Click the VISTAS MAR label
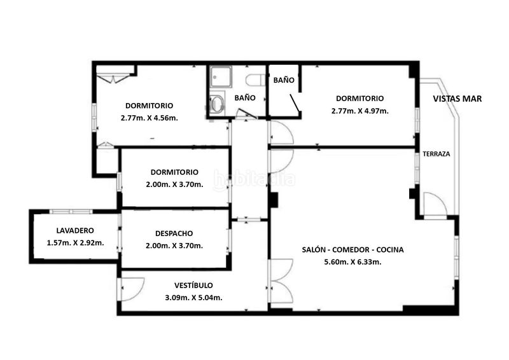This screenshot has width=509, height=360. [457, 99]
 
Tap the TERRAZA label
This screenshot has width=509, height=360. [436, 154]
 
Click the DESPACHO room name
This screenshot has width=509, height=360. [174, 233]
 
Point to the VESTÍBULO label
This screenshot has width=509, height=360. [193, 286]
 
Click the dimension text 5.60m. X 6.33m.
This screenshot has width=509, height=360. [353, 262]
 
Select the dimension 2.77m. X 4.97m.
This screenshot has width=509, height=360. [360, 111]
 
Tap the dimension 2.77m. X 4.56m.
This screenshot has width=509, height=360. [150, 118]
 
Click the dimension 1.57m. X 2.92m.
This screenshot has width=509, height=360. [75, 243]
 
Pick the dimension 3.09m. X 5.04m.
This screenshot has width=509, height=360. [194, 298]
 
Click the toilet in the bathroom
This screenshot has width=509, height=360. [255, 80]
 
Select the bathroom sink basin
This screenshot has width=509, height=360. [217, 103]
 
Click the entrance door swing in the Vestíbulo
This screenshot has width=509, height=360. [132, 289]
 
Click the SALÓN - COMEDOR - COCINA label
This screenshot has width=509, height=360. [353, 249]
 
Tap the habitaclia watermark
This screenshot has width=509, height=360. [254, 179]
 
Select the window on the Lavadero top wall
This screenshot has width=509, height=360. [71, 212]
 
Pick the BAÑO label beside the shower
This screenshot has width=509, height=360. [245, 98]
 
